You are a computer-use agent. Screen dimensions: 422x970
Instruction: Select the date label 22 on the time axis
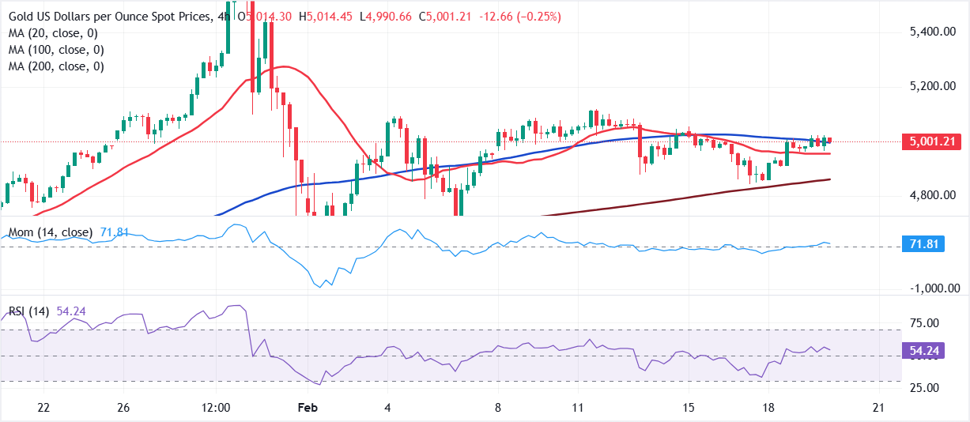point(43,408)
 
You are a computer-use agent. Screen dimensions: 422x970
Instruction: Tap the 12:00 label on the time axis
point(215,408)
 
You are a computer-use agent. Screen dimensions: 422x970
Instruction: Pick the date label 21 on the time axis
point(878,408)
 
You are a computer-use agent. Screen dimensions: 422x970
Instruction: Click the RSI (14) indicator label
point(29,312)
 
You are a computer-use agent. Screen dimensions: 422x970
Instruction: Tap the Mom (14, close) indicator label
point(50,233)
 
